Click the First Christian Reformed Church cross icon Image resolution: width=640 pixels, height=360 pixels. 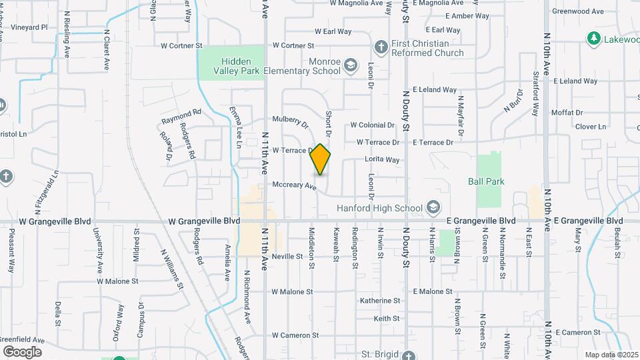click(381, 47)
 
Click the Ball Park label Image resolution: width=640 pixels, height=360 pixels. click(486, 181)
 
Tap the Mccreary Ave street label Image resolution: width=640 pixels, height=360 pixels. click(294, 185)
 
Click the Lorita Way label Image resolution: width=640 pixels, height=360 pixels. click(382, 159)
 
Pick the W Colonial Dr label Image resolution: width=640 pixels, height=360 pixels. click(373, 125)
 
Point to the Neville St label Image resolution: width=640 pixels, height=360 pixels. click(288, 256)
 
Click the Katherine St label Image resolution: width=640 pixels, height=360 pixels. click(379, 301)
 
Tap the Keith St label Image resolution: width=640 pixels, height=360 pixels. click(387, 319)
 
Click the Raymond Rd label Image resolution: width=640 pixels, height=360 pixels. click(181, 117)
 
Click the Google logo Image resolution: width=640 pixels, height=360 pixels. click(22, 351)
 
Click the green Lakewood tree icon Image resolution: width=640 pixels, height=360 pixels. click(593, 38)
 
